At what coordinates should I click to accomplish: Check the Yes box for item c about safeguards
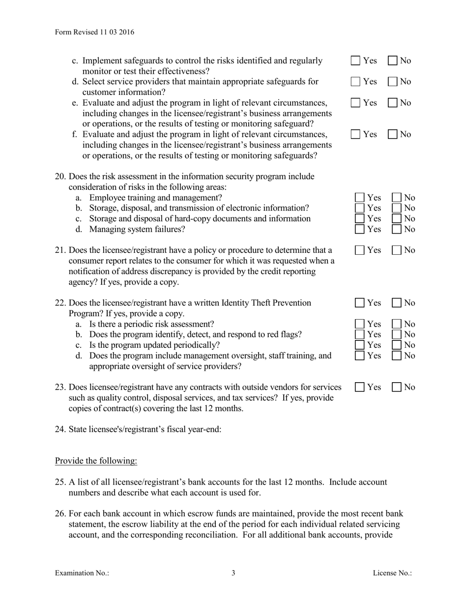tap(355, 61)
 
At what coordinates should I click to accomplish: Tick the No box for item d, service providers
tap(393, 82)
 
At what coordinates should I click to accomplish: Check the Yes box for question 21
tap(360, 250)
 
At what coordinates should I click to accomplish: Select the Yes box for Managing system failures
tap(360, 229)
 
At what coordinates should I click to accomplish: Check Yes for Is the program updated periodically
tap(360, 345)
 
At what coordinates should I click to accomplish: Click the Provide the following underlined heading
tap(96, 461)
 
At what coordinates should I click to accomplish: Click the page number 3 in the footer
tap(233, 573)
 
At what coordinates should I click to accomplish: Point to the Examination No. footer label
tap(82, 573)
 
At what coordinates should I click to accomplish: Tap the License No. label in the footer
tap(392, 573)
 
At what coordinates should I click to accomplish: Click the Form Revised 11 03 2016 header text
tap(94, 32)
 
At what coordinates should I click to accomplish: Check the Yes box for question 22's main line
tap(360, 303)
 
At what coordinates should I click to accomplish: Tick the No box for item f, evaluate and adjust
tap(393, 135)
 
